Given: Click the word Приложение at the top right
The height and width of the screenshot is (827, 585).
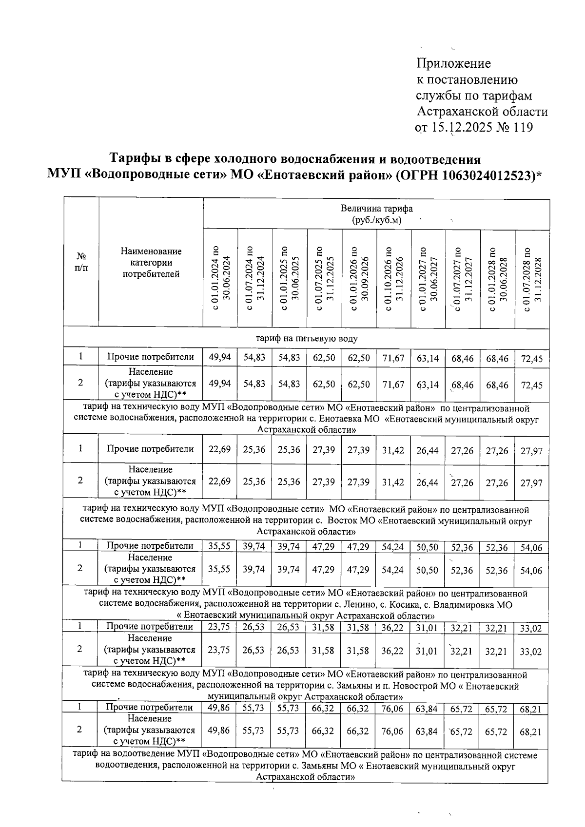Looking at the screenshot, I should click(x=453, y=64).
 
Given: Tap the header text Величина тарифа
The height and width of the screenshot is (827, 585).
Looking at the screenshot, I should click(x=376, y=209).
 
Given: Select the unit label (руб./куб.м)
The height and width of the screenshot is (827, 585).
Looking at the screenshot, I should click(x=376, y=220).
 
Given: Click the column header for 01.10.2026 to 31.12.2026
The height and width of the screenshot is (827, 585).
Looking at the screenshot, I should click(x=393, y=280).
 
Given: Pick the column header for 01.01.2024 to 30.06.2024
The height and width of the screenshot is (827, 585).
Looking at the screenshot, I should click(x=220, y=280).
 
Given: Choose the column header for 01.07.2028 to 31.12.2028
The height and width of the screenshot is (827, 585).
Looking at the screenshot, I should click(x=532, y=280).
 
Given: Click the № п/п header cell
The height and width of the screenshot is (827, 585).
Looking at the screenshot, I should click(x=81, y=262).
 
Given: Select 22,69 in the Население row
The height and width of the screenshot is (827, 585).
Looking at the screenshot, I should click(x=220, y=482).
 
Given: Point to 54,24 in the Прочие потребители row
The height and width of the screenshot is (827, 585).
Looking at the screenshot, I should click(x=393, y=547).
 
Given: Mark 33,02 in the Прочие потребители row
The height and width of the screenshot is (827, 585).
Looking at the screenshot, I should click(x=531, y=629).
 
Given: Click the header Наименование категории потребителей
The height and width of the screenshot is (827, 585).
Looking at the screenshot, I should click(x=151, y=263).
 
